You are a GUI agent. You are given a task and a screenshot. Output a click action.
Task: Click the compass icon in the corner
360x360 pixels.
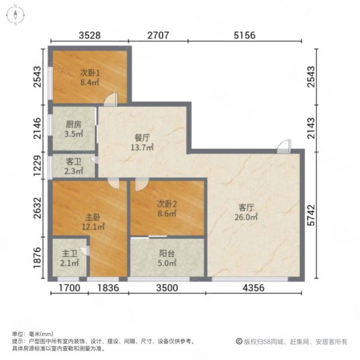tap(14, 15)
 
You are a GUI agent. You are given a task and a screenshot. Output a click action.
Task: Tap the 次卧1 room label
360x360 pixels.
tap(89, 73)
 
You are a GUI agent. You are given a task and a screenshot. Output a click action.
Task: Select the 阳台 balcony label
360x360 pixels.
tap(167, 253)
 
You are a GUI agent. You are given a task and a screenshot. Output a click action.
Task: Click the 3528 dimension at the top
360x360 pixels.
tap(89, 35)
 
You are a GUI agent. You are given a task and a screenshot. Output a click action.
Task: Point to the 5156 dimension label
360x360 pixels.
tap(244, 35)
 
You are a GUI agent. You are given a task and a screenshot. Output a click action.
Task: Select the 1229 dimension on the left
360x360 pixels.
tap(38, 166)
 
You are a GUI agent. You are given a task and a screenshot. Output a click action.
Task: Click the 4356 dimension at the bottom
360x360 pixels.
tap(254, 289)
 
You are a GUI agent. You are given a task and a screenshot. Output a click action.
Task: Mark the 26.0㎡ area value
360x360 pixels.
tap(247, 218)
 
